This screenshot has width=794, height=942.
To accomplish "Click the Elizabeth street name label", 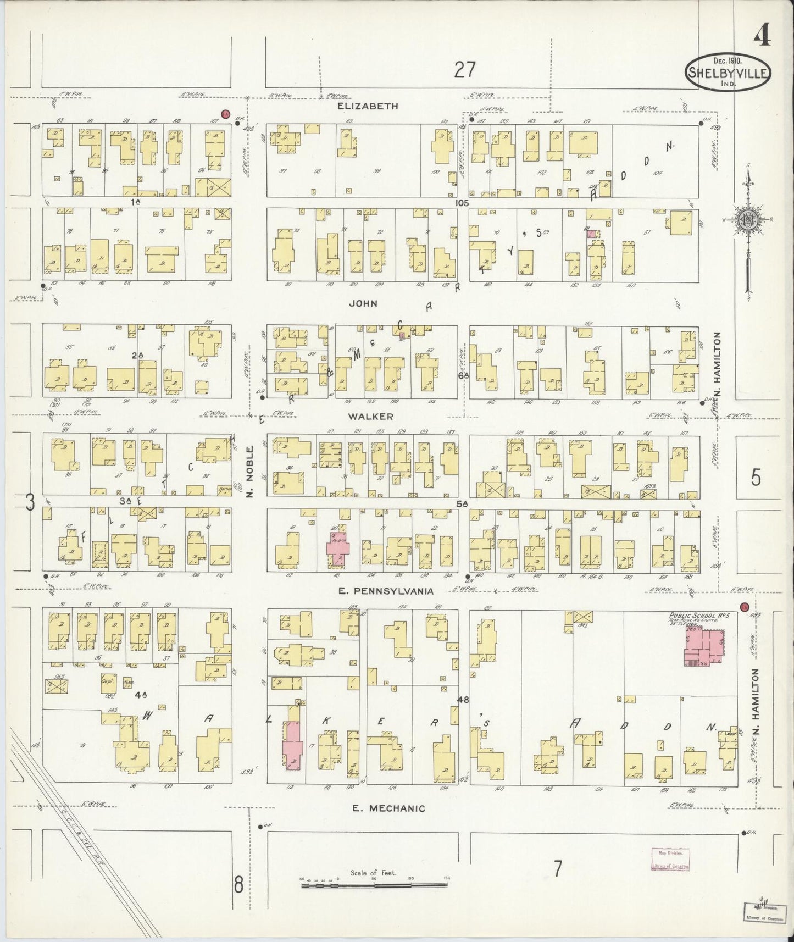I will click(x=368, y=106).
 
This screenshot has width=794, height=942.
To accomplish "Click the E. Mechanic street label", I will click(x=389, y=808).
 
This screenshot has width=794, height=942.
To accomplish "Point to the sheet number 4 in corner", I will click(x=761, y=37).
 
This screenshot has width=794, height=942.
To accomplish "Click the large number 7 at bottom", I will click(x=558, y=869).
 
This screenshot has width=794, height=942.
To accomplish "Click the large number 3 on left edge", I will click(x=31, y=501).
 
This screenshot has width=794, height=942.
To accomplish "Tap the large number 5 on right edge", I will click(x=756, y=478).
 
